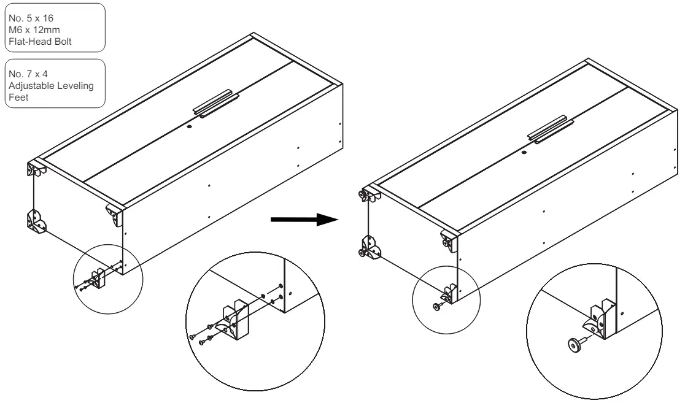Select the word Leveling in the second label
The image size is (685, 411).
tap(76, 86)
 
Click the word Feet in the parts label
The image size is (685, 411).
tap(18, 98)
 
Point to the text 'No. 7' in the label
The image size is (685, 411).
tap(20, 74)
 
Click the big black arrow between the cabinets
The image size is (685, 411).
tap(304, 219)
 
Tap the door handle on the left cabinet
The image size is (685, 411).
tap(216, 104)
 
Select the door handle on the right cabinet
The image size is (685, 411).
tap(550, 129)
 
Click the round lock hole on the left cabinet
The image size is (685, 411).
tap(188, 126)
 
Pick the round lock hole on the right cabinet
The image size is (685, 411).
tap(524, 153)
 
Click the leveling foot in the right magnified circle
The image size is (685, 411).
tap(575, 344)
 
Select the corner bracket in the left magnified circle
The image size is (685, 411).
tap(235, 321)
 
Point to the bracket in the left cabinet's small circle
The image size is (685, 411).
tap(98, 278)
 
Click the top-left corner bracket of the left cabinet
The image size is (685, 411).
tap(35, 169)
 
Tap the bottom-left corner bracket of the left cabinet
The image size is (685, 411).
tap(36, 222)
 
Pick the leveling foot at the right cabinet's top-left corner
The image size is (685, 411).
tap(363, 195)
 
